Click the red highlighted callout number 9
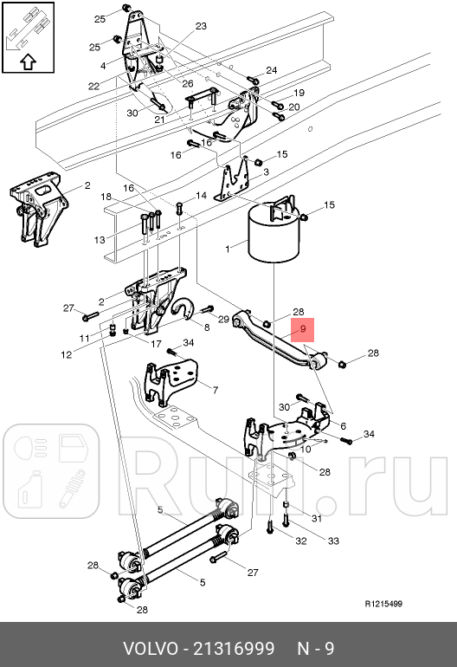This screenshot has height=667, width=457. pyautogui.click(x=303, y=329)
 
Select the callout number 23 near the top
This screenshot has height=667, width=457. pyautogui.click(x=201, y=27)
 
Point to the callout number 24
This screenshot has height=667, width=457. pyautogui.click(x=271, y=71)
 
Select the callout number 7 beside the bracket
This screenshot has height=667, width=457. pyautogui.click(x=215, y=390)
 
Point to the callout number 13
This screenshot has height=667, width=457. pyautogui.click(x=100, y=240)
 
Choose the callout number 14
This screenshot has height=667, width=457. pyautogui.click(x=201, y=196)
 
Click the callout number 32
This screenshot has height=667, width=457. pyautogui.click(x=301, y=541)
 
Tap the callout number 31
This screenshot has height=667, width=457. pyautogui.click(x=292, y=519)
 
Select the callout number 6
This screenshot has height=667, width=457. pyautogui.click(x=343, y=425)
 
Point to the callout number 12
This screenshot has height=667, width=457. pyautogui.click(x=67, y=353)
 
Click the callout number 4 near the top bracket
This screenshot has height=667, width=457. pyautogui.click(x=102, y=65)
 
